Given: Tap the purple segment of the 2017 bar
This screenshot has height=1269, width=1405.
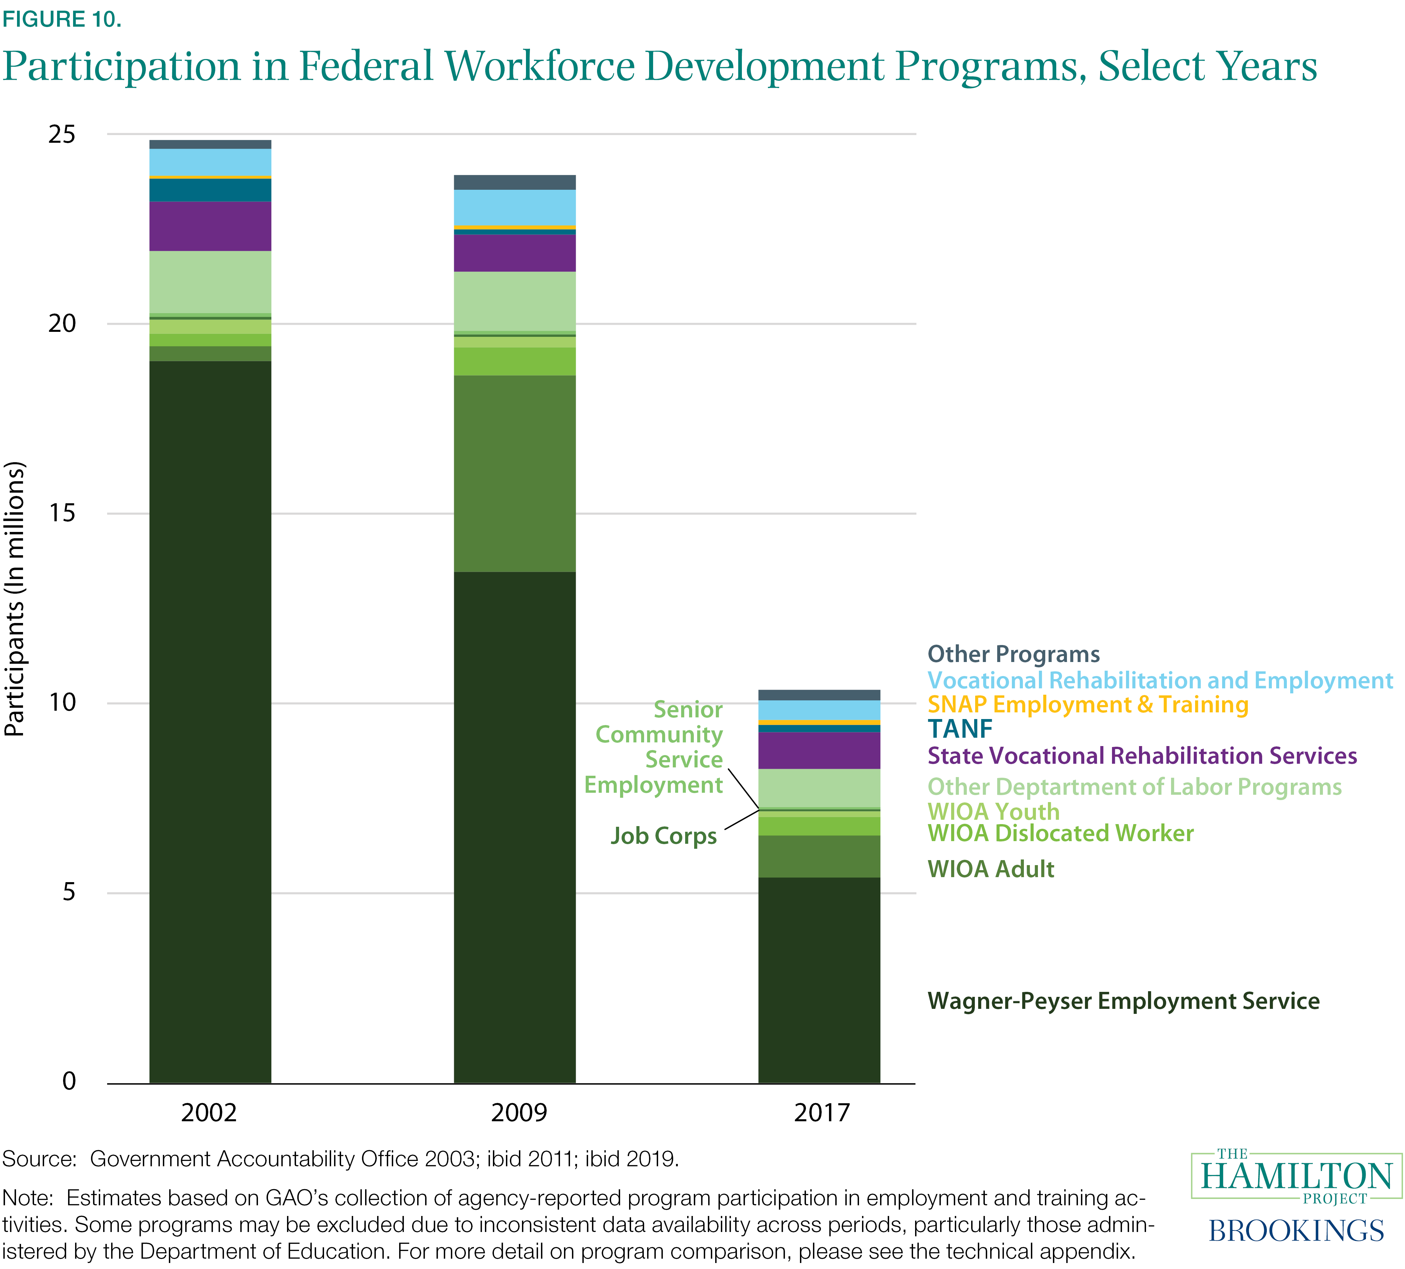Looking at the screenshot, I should pyautogui.click(x=819, y=750).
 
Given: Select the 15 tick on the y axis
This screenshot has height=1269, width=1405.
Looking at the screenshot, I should pyautogui.click(x=61, y=513).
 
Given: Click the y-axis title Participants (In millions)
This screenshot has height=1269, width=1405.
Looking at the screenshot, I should pyautogui.click(x=15, y=599).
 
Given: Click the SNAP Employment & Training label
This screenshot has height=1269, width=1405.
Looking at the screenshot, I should pyautogui.click(x=1087, y=704).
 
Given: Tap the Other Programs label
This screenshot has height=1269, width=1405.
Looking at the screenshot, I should pyautogui.click(x=1013, y=654).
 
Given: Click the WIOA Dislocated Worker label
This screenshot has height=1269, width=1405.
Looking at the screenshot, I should pyautogui.click(x=1060, y=833).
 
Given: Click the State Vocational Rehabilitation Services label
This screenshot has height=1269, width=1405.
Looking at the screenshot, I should pyautogui.click(x=1142, y=756).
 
